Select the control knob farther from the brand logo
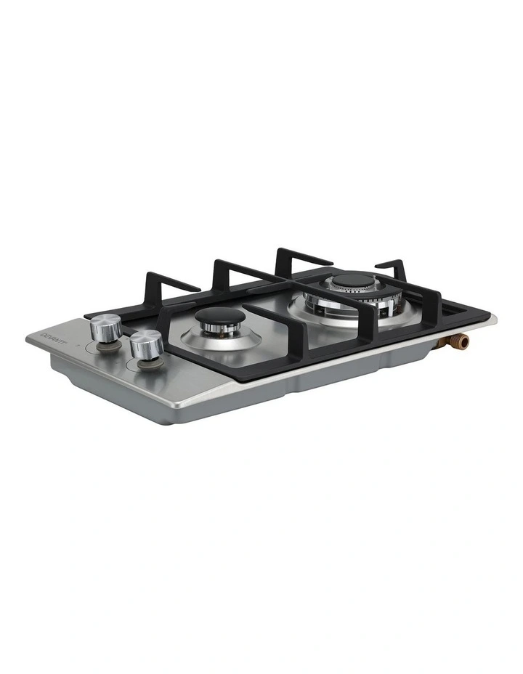[147, 344]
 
